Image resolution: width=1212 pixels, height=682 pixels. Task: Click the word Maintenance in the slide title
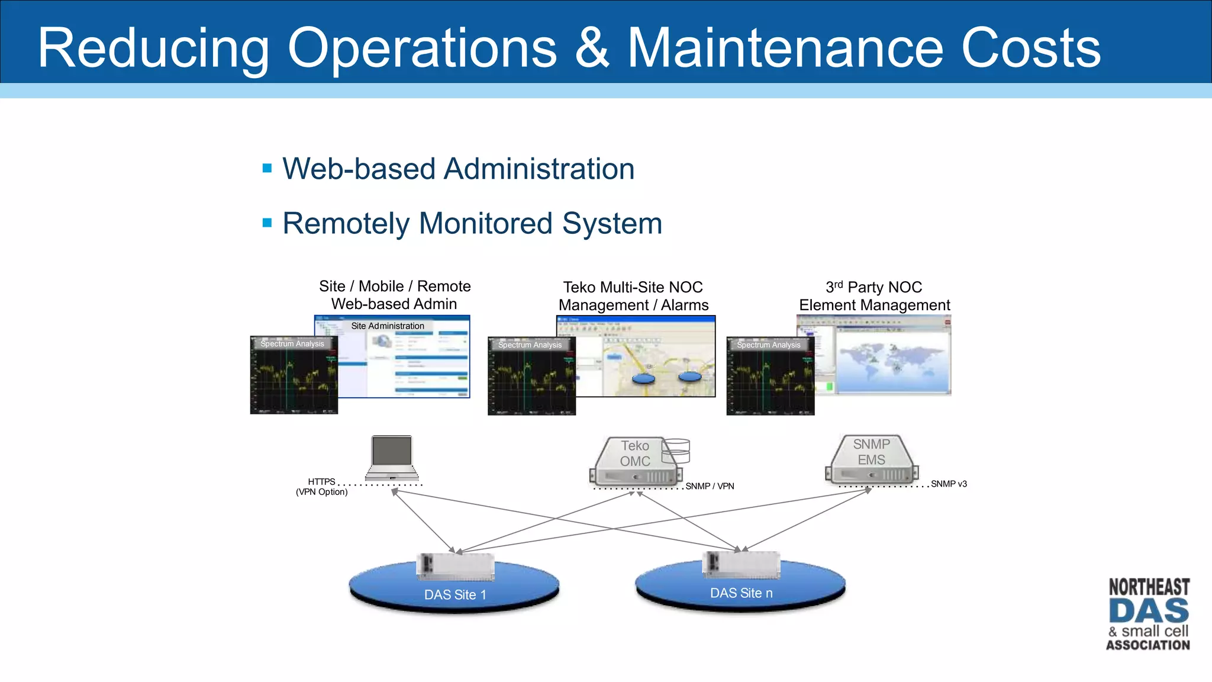(785, 49)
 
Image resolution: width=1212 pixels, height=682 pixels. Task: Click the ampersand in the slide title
(591, 49)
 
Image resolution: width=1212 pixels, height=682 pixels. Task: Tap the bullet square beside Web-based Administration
(267, 168)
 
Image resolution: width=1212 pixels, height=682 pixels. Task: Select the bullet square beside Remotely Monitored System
(267, 223)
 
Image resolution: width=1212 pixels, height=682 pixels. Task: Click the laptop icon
(392, 458)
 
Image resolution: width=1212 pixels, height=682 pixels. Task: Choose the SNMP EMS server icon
(872, 461)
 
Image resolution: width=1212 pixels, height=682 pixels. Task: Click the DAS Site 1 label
(455, 595)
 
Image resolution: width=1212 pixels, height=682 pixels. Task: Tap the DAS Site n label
(741, 593)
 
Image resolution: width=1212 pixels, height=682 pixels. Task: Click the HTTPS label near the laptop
(321, 482)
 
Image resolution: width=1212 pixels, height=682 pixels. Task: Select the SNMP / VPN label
(710, 486)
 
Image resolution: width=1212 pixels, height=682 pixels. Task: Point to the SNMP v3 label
(949, 484)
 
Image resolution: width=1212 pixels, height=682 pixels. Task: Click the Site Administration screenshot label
(388, 326)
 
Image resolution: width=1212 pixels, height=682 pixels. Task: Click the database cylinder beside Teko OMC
(676, 451)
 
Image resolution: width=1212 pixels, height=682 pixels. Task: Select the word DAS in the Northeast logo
(1148, 611)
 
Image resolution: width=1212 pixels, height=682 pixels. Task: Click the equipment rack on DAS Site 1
(455, 567)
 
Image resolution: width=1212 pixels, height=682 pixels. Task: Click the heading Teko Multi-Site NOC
(633, 287)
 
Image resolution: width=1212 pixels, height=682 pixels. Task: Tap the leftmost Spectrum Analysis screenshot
(294, 376)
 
